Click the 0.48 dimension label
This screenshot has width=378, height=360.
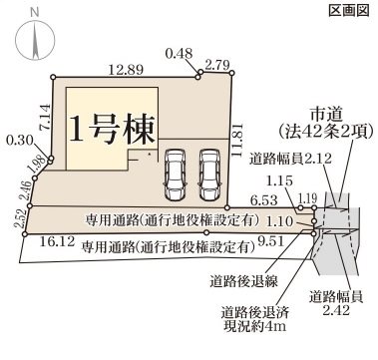[x=179, y=53]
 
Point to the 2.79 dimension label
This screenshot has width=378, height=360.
[x=216, y=65]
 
